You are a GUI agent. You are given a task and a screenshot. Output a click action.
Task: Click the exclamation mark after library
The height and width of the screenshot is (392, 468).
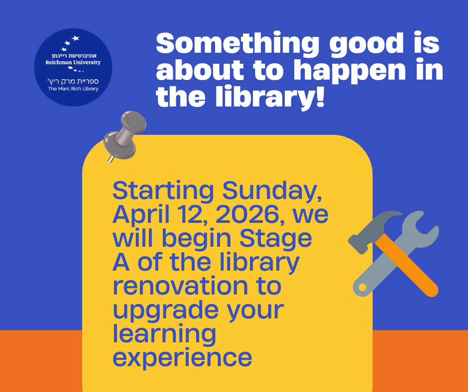point(320,95)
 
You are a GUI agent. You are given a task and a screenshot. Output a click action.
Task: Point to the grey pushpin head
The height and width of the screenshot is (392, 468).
point(133,123)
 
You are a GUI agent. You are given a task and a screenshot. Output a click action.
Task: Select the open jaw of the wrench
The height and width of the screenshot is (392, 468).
point(420,227)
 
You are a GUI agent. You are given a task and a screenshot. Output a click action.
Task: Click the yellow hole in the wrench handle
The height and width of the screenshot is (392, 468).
point(362,288)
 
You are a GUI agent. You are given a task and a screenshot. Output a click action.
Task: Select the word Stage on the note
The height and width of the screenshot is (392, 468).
point(275,239)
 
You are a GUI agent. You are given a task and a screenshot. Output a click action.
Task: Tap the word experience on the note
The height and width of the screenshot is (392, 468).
point(182,359)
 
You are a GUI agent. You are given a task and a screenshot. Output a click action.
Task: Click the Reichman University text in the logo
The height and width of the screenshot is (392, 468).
point(73,62)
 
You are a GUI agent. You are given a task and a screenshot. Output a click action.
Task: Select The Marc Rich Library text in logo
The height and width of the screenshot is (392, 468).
point(73,89)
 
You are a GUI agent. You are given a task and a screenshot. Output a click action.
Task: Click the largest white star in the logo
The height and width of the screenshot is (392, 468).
point(76,38)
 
